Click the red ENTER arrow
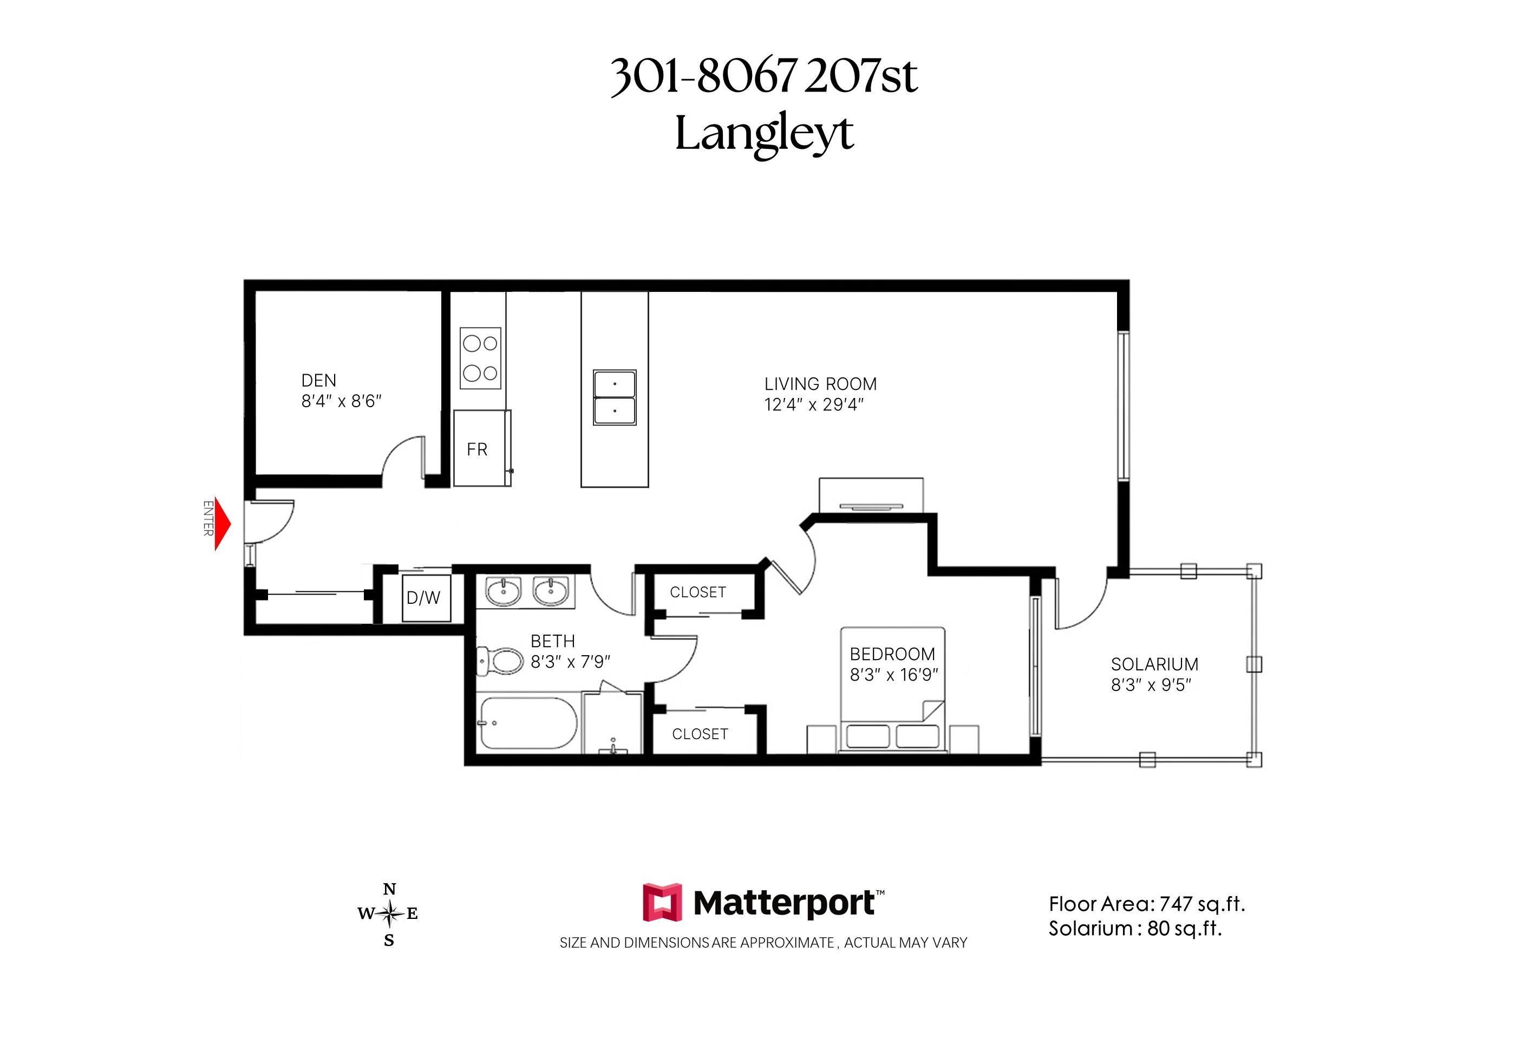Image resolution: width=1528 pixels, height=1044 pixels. (223, 524)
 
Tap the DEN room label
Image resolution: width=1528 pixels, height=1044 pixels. (318, 381)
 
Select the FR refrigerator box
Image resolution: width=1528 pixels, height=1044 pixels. (482, 448)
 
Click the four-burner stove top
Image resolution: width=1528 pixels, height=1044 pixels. (480, 358)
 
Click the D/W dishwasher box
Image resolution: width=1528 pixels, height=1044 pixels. (426, 598)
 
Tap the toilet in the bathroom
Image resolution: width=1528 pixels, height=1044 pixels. (500, 661)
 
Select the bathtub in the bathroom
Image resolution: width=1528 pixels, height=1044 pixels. (528, 723)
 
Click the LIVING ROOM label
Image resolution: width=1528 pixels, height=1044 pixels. (820, 384)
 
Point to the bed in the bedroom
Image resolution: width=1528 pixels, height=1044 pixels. (893, 690)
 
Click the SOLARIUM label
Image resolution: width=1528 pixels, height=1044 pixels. (1154, 664)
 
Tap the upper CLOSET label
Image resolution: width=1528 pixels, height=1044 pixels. (697, 592)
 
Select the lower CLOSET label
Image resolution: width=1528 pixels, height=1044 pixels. (700, 734)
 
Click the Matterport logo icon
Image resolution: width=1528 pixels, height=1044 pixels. (662, 902)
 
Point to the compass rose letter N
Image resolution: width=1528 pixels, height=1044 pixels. (389, 890)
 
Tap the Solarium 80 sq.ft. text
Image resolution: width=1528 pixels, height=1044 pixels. (1135, 928)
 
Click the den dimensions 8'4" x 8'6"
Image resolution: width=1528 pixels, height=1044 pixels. (341, 401)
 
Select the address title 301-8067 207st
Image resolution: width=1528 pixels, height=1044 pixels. (764, 76)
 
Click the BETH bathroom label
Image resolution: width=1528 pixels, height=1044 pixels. (552, 641)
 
